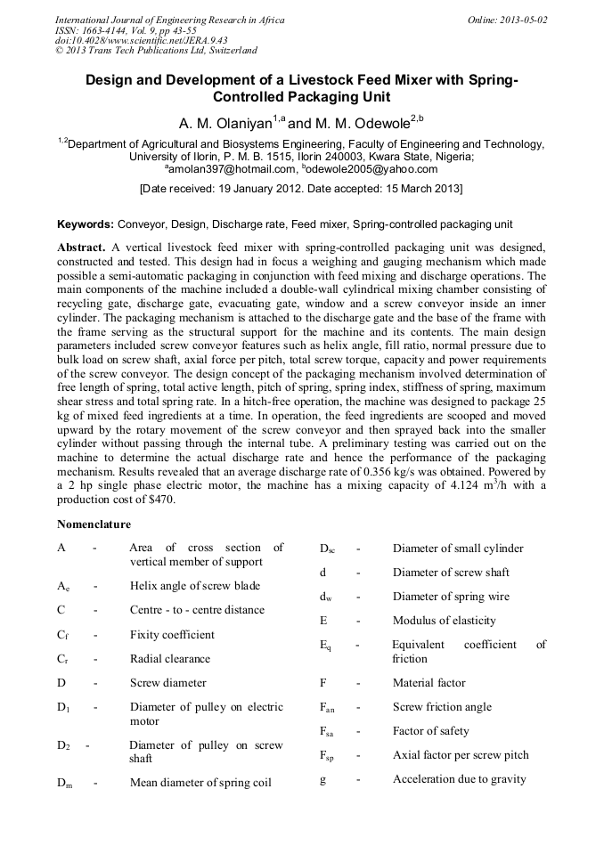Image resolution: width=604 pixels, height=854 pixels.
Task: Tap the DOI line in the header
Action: (x=142, y=40)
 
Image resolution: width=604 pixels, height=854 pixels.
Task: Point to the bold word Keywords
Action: (x=86, y=224)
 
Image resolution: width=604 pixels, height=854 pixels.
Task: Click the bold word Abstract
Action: (x=82, y=246)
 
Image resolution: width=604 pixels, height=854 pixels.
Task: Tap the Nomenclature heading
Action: (x=94, y=524)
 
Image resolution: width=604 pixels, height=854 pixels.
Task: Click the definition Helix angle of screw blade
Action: (x=195, y=586)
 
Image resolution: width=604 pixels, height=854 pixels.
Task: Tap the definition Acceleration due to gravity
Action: (x=459, y=779)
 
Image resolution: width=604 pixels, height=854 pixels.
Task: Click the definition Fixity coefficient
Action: (x=172, y=635)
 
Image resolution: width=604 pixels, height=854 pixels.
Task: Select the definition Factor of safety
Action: (x=430, y=731)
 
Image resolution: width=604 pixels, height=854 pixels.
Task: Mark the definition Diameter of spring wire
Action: (x=451, y=597)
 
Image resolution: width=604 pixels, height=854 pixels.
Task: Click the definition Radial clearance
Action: (x=170, y=659)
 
